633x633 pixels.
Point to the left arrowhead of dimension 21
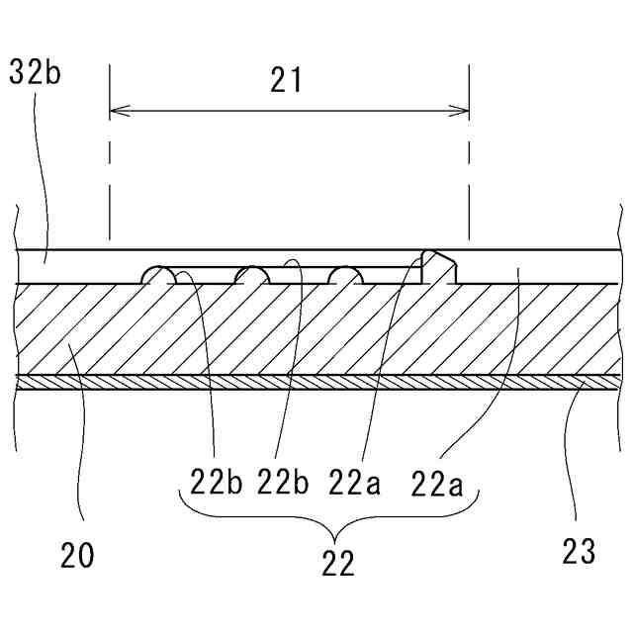click(x=115, y=112)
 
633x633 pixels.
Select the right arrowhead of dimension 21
click(x=463, y=112)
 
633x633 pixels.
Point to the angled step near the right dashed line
click(x=436, y=265)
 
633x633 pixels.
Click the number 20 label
click(x=77, y=556)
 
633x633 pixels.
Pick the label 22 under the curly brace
click(x=338, y=563)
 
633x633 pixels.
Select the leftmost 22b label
click(x=217, y=485)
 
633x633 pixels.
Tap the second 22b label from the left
click(x=285, y=485)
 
